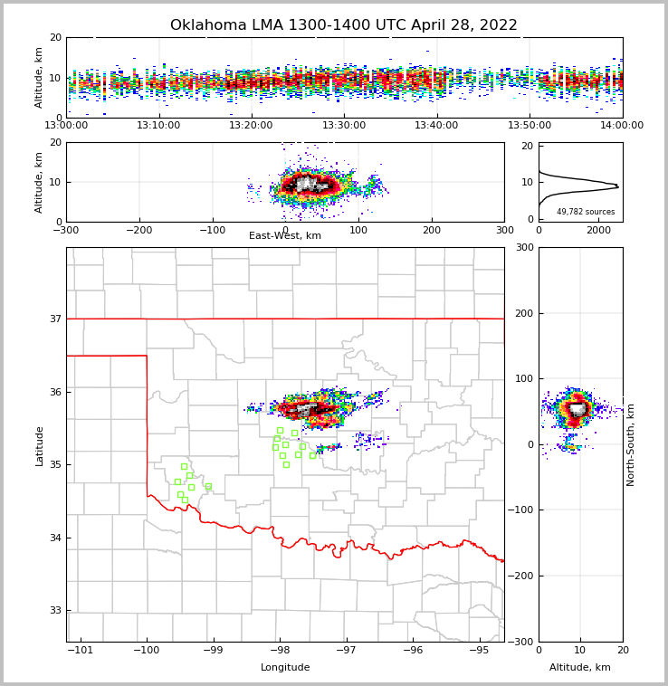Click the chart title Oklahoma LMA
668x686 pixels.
tap(344, 25)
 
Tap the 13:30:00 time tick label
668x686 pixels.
tap(344, 126)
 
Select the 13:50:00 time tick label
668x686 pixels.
tap(530, 126)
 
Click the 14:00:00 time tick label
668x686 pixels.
tap(622, 126)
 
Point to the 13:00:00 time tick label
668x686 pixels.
tap(67, 126)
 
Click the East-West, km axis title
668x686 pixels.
tap(285, 236)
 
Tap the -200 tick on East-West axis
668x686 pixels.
tap(138, 230)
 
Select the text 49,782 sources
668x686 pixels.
tap(586, 212)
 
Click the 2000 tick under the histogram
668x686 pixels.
tap(598, 230)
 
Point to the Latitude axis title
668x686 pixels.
tap(39, 445)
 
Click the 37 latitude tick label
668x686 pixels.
tap(54, 319)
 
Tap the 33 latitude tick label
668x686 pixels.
tap(54, 611)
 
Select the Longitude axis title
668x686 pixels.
tap(285, 668)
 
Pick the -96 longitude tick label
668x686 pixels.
tap(412, 651)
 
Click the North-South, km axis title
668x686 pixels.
tap(631, 444)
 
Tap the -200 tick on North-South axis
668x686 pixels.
tap(523, 576)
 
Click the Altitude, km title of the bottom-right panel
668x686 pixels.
tap(580, 668)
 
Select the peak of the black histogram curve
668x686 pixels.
tap(618, 186)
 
